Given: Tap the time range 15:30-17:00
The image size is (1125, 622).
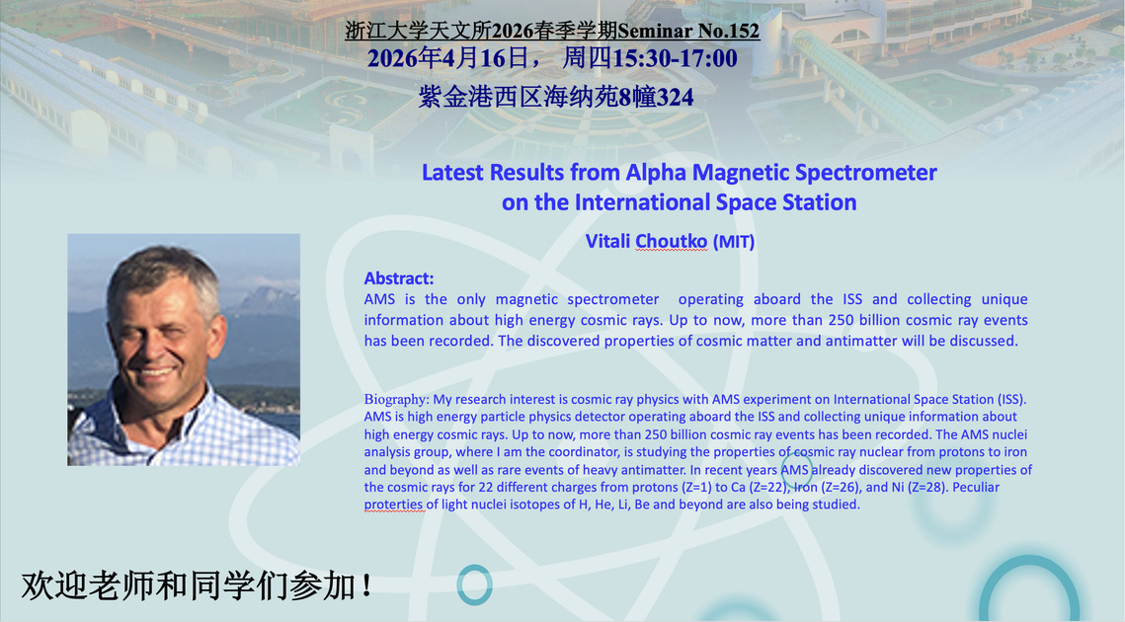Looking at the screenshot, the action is tap(675, 58).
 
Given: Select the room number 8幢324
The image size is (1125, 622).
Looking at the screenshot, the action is tap(656, 97).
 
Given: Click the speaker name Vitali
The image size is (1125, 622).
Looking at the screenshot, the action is tap(607, 241).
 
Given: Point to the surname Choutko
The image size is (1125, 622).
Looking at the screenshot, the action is tap(672, 241).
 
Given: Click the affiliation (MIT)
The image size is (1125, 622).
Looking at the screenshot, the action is tap(734, 242).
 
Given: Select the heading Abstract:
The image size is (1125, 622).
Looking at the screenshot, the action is tap(399, 278).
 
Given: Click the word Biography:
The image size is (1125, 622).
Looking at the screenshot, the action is tap(397, 400).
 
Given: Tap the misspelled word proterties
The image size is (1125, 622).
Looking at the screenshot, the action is tap(393, 505).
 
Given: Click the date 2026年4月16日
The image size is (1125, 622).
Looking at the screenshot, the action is tap(448, 58).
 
